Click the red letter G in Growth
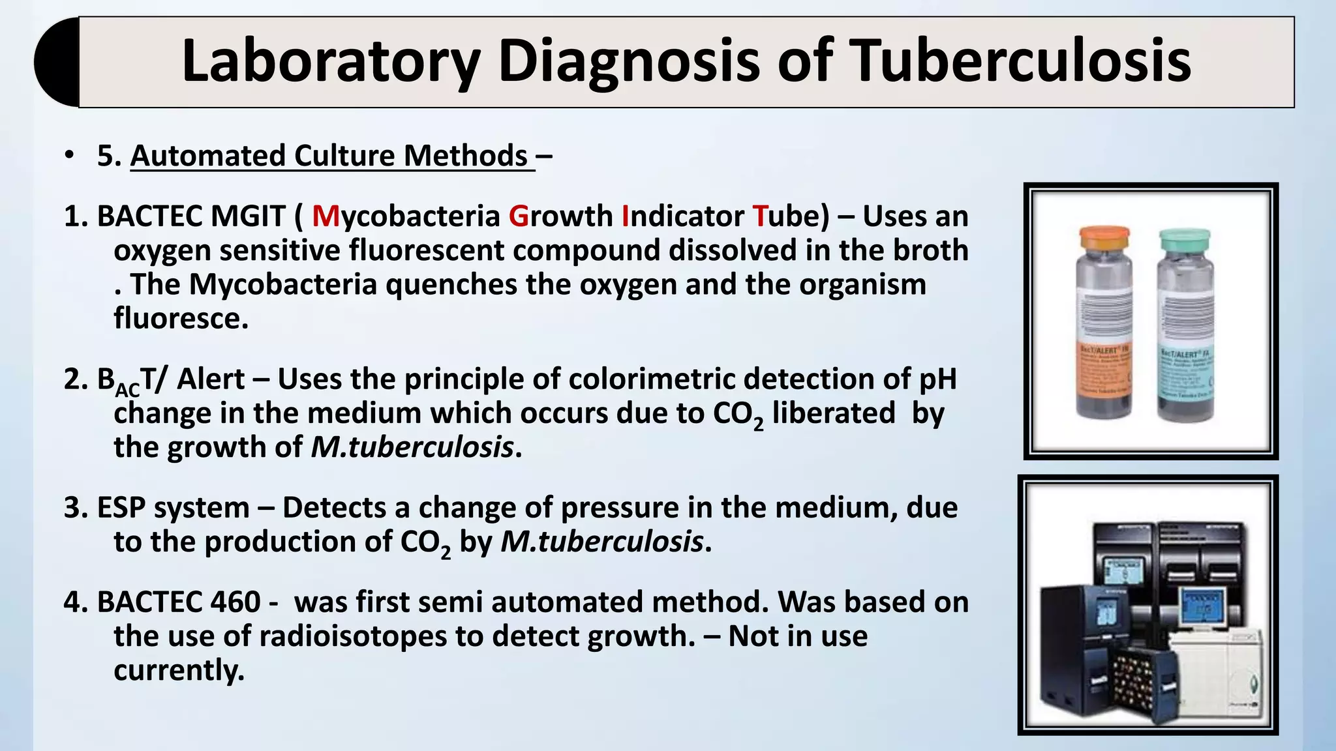point(519,216)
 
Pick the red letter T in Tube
point(760,216)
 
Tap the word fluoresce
point(181,319)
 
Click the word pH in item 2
point(937,379)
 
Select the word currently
point(178,670)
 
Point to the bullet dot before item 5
point(69,156)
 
